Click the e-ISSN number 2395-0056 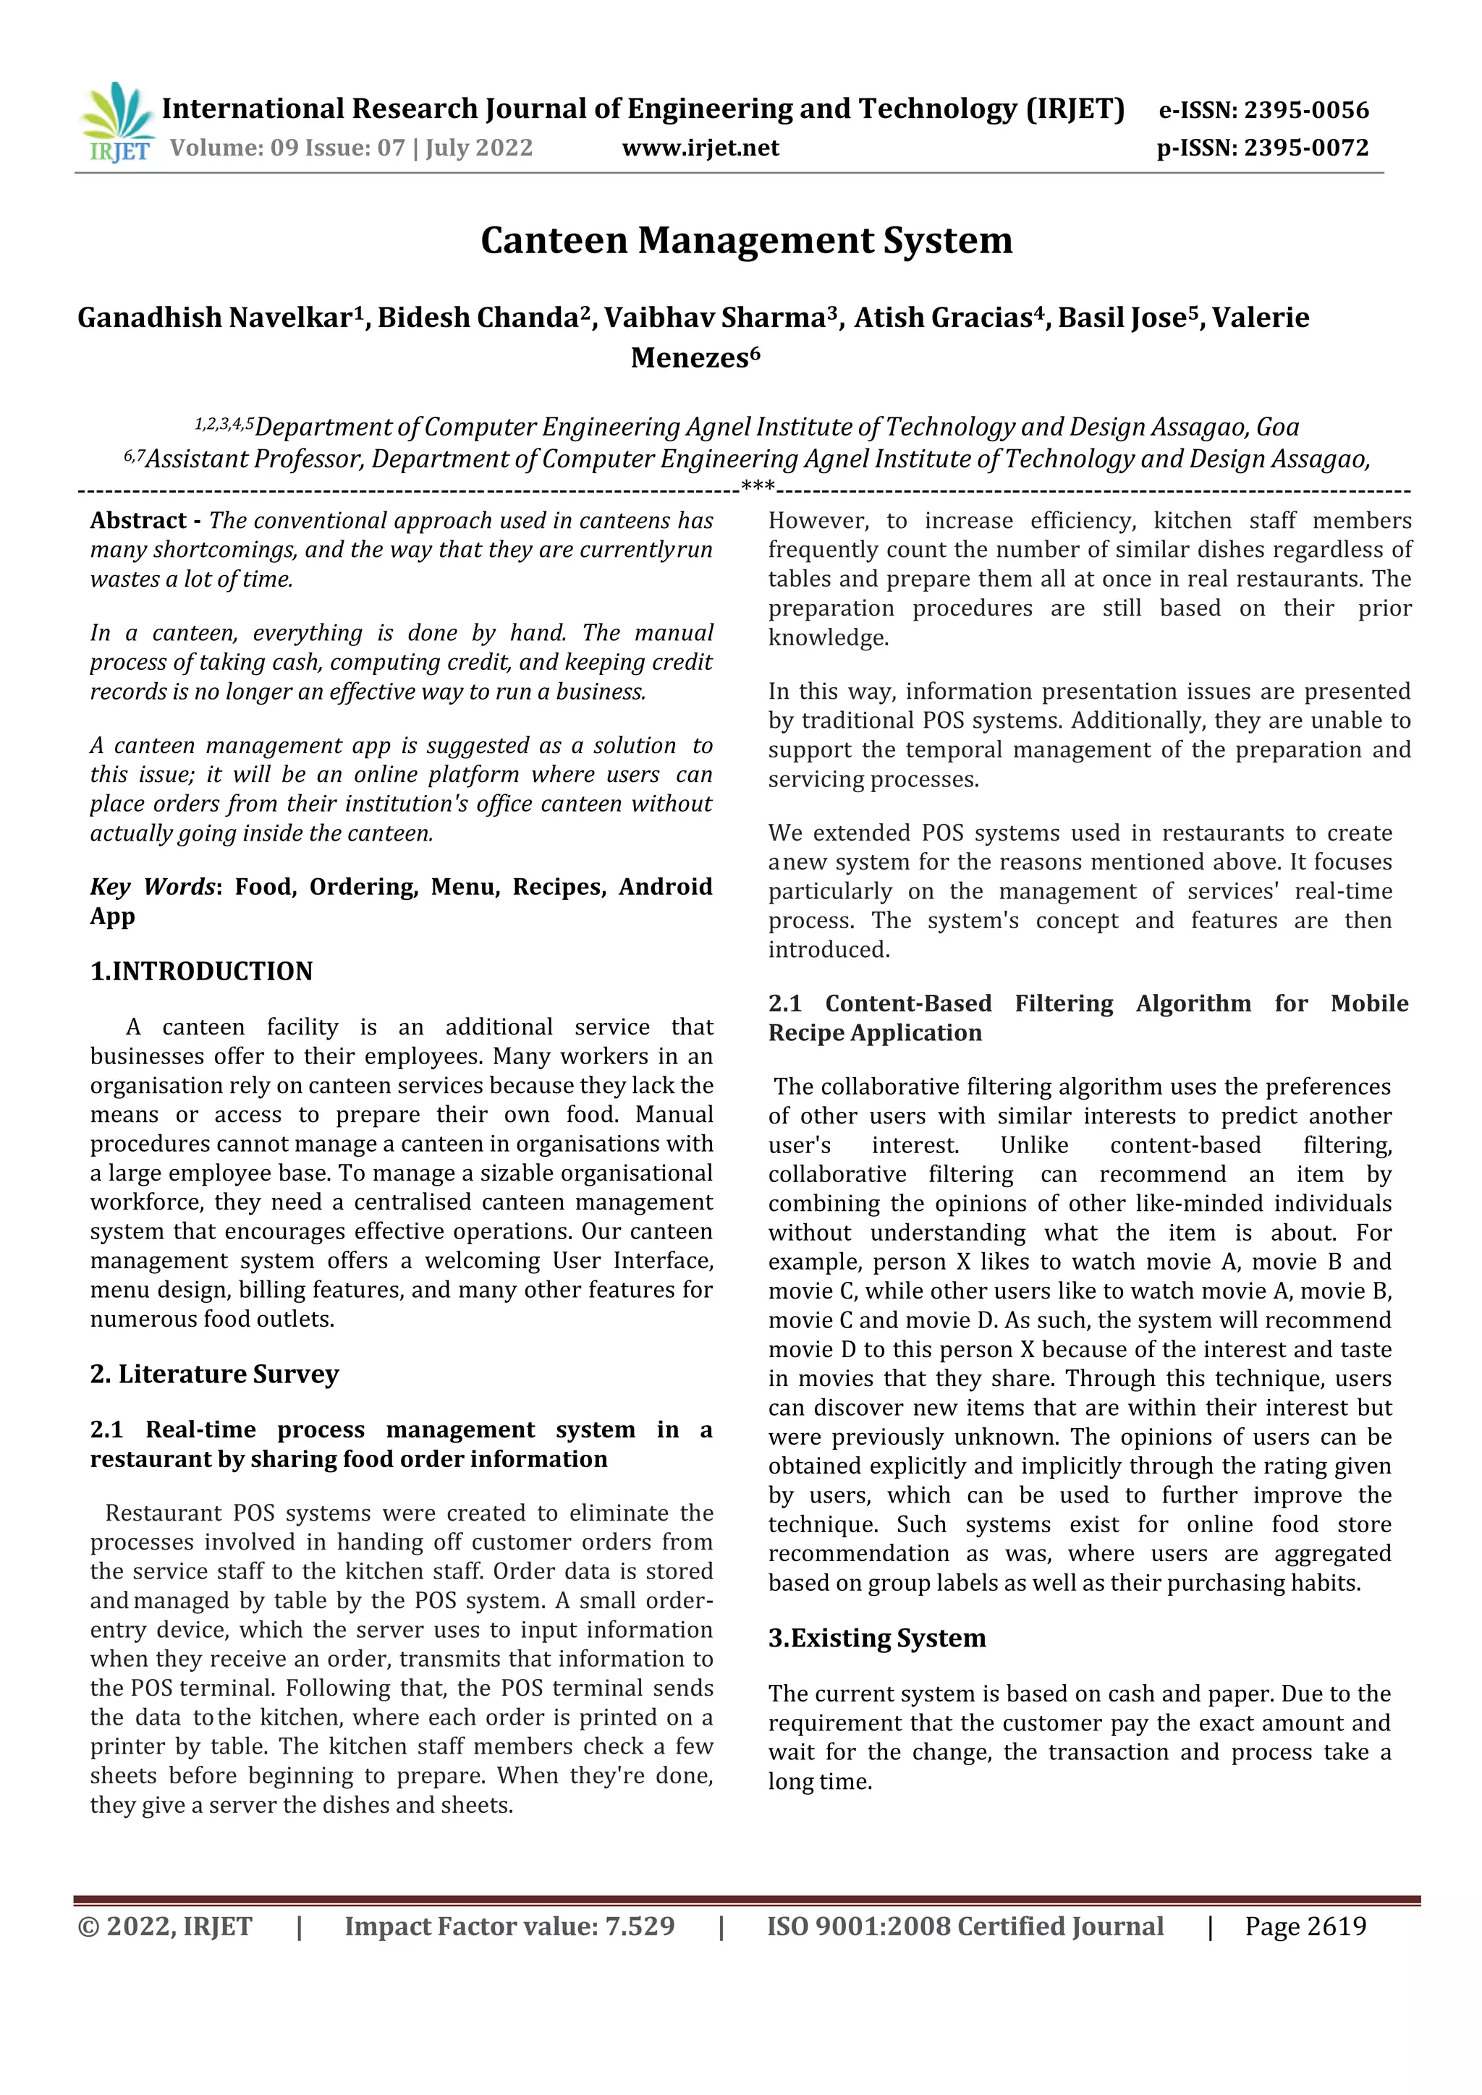pos(1306,111)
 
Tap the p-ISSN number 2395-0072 pos(1306,148)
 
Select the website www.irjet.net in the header pos(700,148)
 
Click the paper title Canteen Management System pos(747,241)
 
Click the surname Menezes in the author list pos(689,357)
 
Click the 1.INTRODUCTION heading pos(202,971)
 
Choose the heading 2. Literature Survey pos(214,1374)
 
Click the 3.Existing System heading pos(877,1638)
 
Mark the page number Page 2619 pos(1305,1926)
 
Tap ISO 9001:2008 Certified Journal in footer pos(965,1926)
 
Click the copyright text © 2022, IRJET pos(165,1926)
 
